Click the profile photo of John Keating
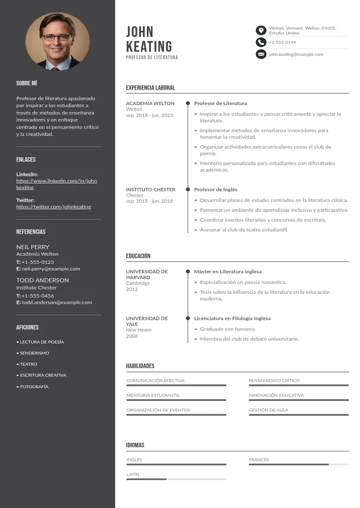pos(58,41)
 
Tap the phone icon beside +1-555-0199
pos(261,42)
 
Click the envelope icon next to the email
pos(261,54)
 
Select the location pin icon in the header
pos(261,30)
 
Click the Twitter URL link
pos(54,207)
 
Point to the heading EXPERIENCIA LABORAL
pos(150,88)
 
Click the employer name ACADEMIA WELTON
pos(150,103)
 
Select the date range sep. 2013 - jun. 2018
pos(149,201)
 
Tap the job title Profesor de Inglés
pos(216,190)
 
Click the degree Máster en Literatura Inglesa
pos(228,272)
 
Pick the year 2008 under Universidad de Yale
pos(132,336)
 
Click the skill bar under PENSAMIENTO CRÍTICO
pos(298,385)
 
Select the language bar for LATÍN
pos(176,479)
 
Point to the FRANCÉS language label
pos(258,460)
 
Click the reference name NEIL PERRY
pos(33,247)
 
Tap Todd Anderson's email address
pos(57,303)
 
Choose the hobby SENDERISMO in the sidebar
pos(34,353)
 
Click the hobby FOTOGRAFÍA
pos(34,387)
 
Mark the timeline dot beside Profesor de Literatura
pos(188,103)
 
